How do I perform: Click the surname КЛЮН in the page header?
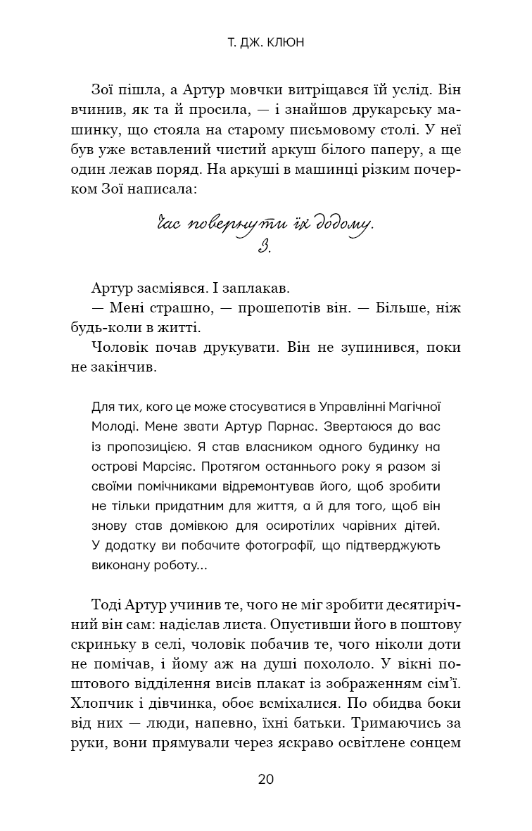pos(290,43)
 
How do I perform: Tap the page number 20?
pos(266,779)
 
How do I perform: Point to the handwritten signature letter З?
pos(265,247)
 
